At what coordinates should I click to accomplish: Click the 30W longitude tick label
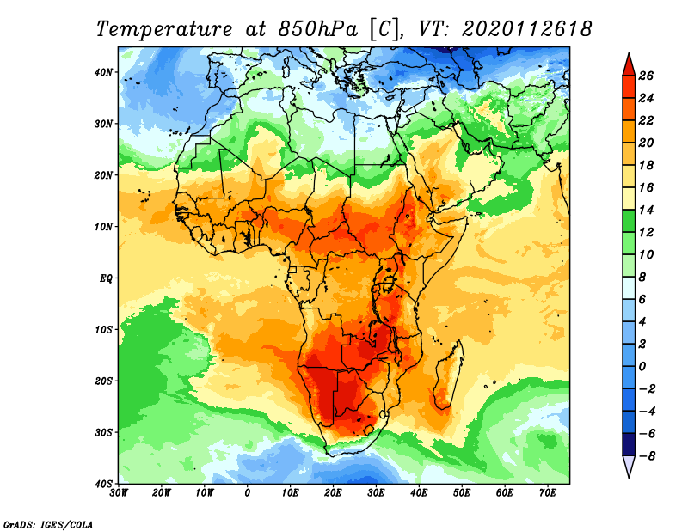pos(120,493)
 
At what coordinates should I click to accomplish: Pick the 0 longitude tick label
pos(248,493)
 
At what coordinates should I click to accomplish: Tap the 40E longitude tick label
pos(419,493)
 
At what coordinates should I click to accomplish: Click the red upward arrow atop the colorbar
pos(628,63)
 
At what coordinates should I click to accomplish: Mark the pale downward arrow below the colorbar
pos(628,467)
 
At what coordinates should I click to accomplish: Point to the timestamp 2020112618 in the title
pos(527,28)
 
